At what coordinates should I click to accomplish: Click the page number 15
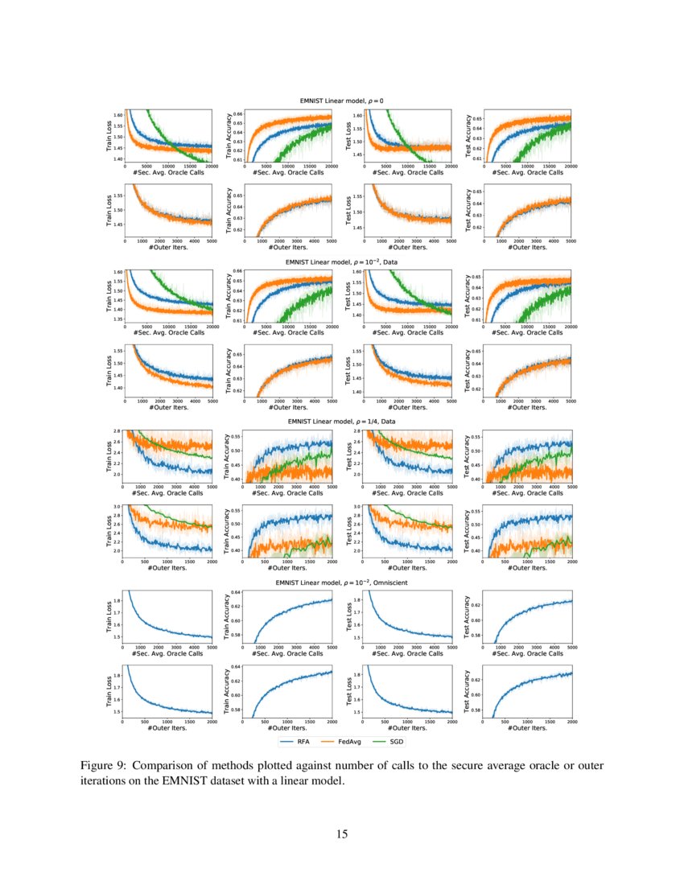pos(342,834)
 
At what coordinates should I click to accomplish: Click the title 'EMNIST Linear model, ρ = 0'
pos(347,101)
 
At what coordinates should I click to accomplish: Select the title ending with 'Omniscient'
pos(347,581)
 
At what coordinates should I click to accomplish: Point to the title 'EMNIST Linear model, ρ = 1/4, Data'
pos(347,421)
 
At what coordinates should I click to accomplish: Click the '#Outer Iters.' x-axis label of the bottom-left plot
pos(167,729)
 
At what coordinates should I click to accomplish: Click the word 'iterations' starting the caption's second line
pos(107,780)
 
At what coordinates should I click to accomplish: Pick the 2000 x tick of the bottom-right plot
pos(571,722)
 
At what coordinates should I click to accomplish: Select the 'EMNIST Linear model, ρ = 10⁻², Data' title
pos(347,261)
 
